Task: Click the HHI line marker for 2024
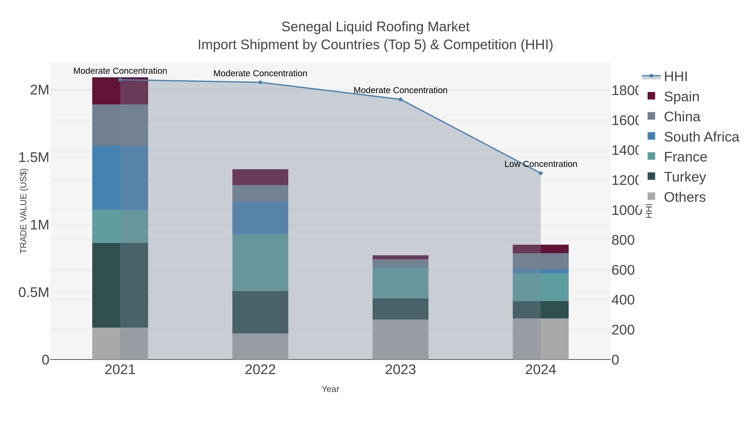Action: [x=541, y=173]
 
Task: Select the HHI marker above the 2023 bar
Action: [x=400, y=99]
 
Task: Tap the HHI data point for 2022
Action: [x=260, y=82]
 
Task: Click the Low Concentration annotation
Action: [x=541, y=164]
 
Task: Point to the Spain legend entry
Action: [x=681, y=96]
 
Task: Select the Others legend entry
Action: [x=684, y=197]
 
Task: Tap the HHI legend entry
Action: [x=675, y=77]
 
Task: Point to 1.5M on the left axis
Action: [x=34, y=158]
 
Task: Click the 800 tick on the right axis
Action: [x=623, y=240]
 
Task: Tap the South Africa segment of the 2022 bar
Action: [x=260, y=218]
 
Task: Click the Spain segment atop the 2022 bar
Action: [x=260, y=177]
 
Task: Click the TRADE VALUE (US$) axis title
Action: [x=23, y=211]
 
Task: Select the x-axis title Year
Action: [x=330, y=389]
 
